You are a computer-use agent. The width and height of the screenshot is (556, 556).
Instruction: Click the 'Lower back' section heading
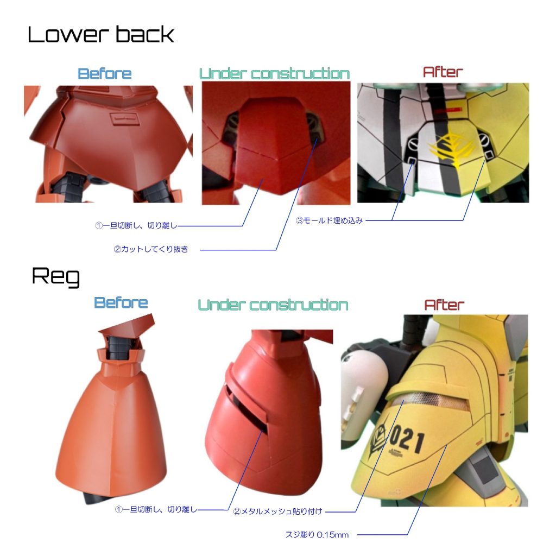[x=101, y=35]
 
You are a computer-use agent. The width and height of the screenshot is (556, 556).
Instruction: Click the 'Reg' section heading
[x=56, y=276]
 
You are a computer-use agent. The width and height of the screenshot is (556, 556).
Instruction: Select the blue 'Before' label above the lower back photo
[x=105, y=74]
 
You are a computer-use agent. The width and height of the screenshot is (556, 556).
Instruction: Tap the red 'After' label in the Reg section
[x=444, y=305]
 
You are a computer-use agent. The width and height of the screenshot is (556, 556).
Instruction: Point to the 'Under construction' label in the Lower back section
[x=274, y=74]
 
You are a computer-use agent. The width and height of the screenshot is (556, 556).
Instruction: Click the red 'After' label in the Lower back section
[x=443, y=72]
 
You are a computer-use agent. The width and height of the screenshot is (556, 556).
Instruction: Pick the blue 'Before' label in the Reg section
[x=121, y=303]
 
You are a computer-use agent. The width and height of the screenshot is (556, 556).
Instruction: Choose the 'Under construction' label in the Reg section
[x=273, y=305]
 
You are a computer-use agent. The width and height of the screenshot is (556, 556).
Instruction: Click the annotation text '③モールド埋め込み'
[x=329, y=220]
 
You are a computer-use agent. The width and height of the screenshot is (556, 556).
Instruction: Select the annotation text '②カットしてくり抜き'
[x=151, y=249]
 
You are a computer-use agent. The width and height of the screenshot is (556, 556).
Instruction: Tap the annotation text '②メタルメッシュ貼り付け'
[x=277, y=511]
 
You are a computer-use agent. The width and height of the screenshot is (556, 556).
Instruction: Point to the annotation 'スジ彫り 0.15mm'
[x=317, y=535]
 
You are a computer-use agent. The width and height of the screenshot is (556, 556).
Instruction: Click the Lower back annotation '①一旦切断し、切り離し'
[x=136, y=225]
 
